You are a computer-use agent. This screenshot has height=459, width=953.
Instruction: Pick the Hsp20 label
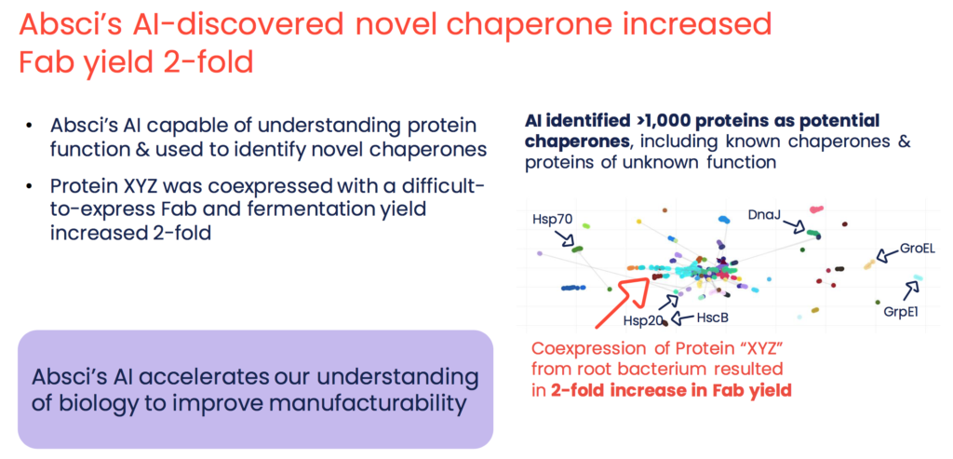[x=641, y=320]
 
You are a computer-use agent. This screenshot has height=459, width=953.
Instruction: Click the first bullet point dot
[x=28, y=127]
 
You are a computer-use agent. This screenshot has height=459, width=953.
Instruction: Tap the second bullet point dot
[x=28, y=185]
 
